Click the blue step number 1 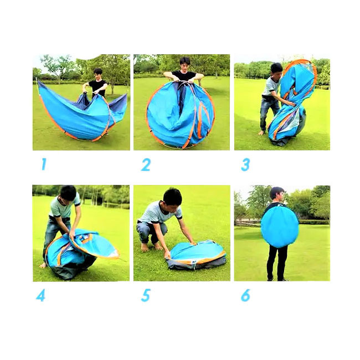coord(44,164)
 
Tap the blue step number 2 coord(146,164)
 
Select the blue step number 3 coord(245,164)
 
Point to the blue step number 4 coord(40,295)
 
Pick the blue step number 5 coord(146,295)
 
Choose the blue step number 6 coord(245,295)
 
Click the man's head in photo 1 coord(98,74)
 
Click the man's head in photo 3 coord(276,71)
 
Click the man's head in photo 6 coord(277,194)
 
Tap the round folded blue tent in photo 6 coord(280,227)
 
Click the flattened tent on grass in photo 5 coord(196,254)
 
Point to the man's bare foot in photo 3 coord(261,133)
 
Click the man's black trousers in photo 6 coord(277,263)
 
